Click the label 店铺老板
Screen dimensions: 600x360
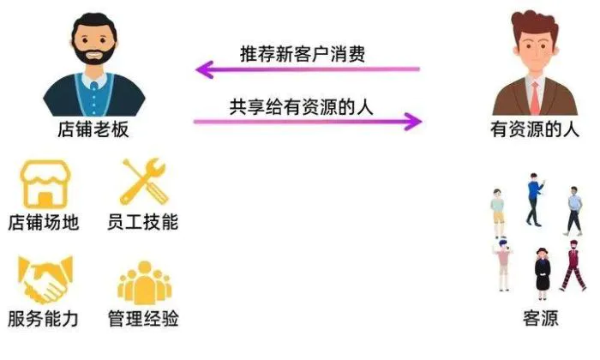93,129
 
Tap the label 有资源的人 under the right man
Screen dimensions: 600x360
535,129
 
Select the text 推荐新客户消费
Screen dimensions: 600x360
303,54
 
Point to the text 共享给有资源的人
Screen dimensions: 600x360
301,107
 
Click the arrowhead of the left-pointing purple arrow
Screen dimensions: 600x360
205,69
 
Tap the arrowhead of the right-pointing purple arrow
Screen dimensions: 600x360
412,122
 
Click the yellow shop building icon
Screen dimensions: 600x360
45,184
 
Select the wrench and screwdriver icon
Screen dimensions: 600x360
144,182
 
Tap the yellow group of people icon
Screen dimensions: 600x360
144,283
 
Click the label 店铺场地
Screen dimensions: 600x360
44,223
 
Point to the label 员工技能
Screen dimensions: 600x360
143,222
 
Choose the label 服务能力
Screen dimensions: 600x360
43,319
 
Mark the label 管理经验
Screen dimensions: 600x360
143,319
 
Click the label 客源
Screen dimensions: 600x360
540,318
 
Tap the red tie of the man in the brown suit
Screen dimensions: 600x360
535,99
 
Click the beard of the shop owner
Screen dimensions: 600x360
94,54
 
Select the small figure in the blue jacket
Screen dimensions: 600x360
535,200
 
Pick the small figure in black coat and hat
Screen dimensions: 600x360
542,273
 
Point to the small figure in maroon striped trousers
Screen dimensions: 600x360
573,266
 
